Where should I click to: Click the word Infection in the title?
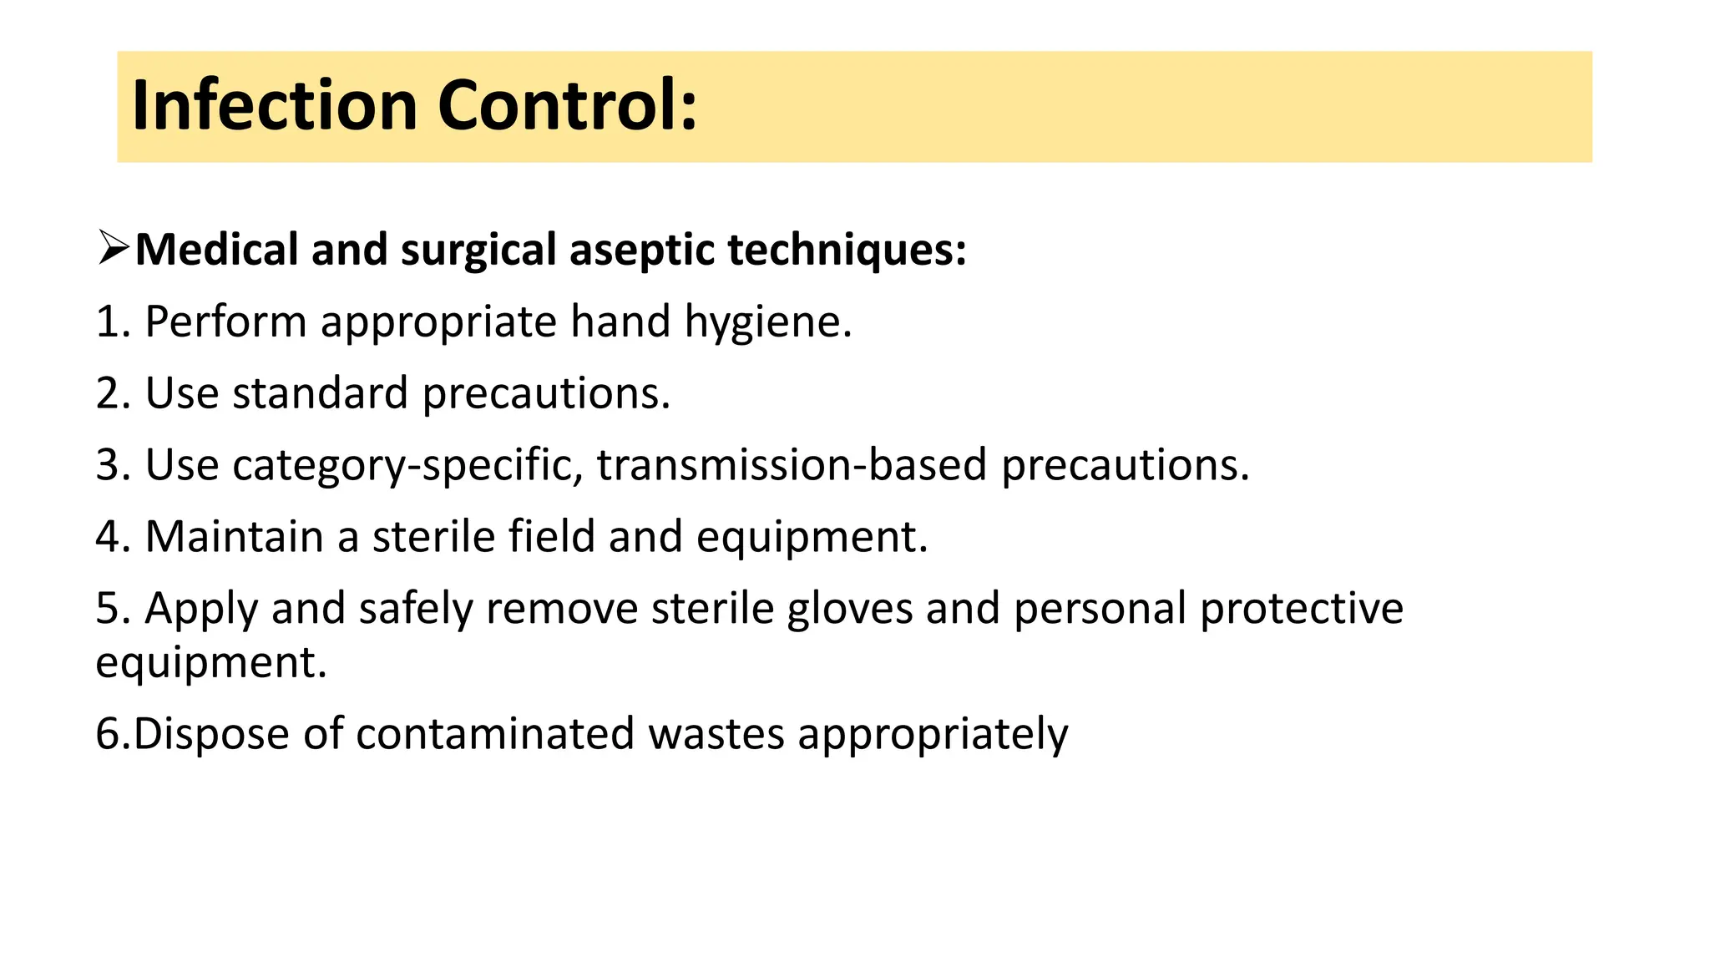tap(274, 106)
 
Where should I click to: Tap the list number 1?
tap(107, 322)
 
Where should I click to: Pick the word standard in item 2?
tap(320, 393)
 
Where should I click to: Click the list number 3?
tap(107, 465)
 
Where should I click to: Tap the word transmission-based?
tap(792, 465)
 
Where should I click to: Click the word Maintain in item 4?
tap(234, 536)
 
